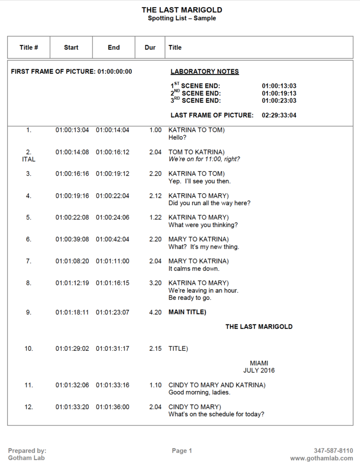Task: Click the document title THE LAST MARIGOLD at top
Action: coord(182,10)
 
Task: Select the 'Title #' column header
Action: coord(29,47)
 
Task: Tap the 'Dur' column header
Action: coord(150,47)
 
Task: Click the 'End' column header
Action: coord(114,47)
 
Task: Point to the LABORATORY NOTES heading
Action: coord(204,71)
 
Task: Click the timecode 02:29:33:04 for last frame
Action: coord(279,115)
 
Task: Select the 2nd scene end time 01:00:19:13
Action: coord(279,93)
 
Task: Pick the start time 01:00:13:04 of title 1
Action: coord(72,130)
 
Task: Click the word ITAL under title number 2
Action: coord(29,159)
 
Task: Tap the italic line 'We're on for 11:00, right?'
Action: coord(204,159)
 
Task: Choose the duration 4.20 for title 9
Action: coord(155,312)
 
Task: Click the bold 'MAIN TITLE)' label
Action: coord(187,312)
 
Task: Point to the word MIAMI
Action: coord(259,363)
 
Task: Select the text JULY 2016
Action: coord(259,370)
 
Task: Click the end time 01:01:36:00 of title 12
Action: coord(112,407)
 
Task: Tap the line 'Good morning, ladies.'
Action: coord(199,392)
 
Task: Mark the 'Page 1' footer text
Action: coord(182,451)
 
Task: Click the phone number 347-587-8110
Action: coord(333,451)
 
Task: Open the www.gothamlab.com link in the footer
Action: coord(321,458)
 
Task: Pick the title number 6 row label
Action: coord(29,239)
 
